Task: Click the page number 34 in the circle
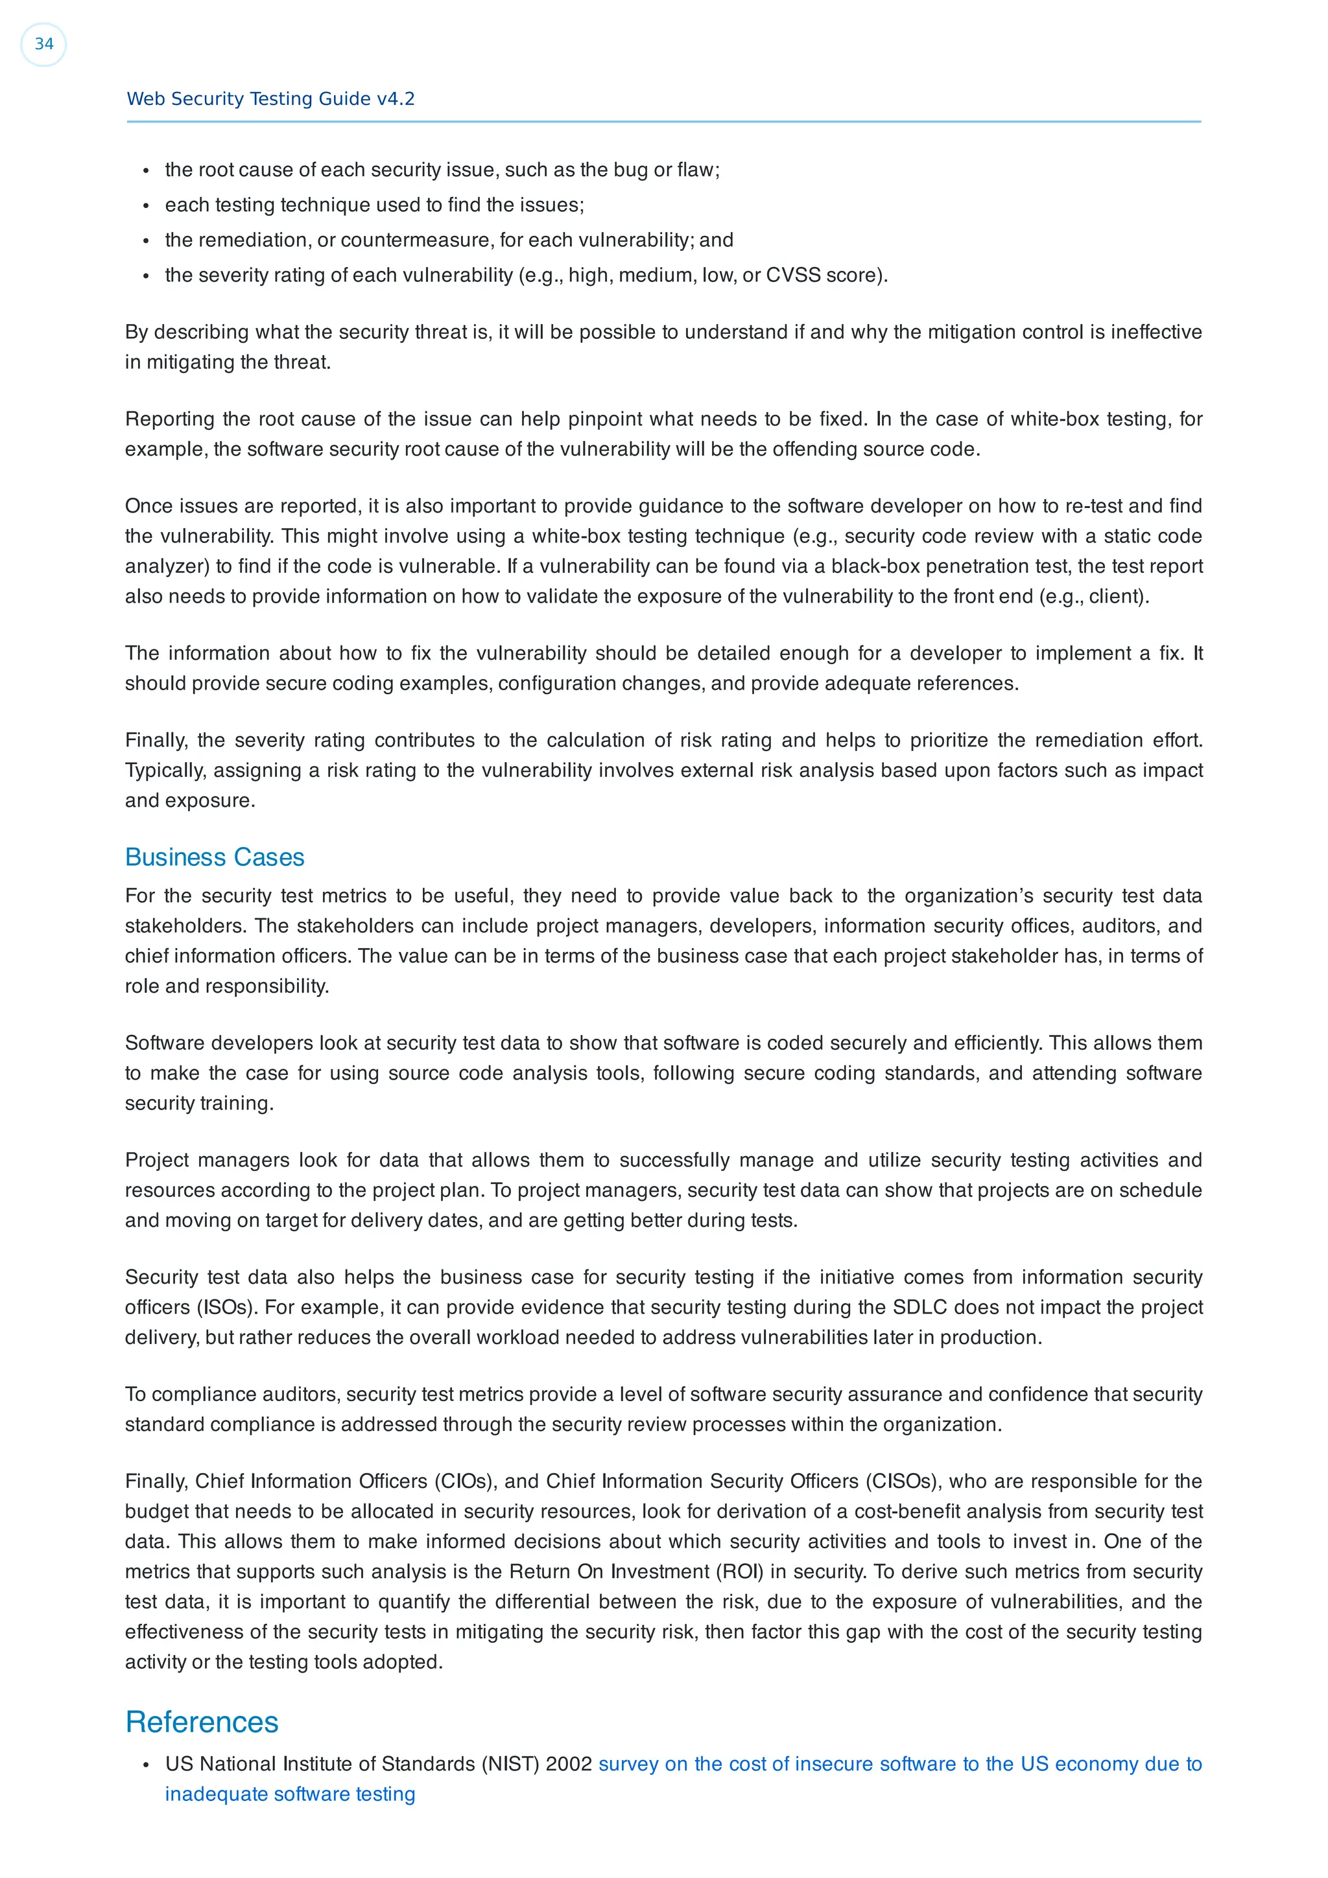[43, 44]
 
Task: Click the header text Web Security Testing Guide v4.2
[270, 99]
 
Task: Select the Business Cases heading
[215, 857]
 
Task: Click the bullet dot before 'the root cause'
[146, 170]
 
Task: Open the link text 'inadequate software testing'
[290, 1794]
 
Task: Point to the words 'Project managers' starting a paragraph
[206, 1160]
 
